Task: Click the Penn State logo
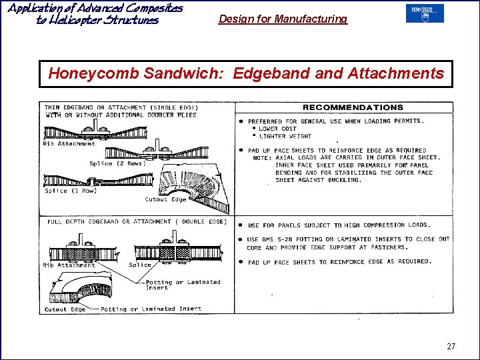click(425, 13)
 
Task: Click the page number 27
click(451, 347)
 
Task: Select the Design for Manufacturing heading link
click(283, 19)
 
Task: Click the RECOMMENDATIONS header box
click(353, 107)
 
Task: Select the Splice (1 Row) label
click(71, 191)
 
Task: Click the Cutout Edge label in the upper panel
click(165, 199)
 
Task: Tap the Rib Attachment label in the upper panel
click(69, 143)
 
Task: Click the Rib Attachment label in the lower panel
click(69, 265)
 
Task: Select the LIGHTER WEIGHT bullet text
click(285, 136)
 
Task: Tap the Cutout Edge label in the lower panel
click(65, 309)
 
